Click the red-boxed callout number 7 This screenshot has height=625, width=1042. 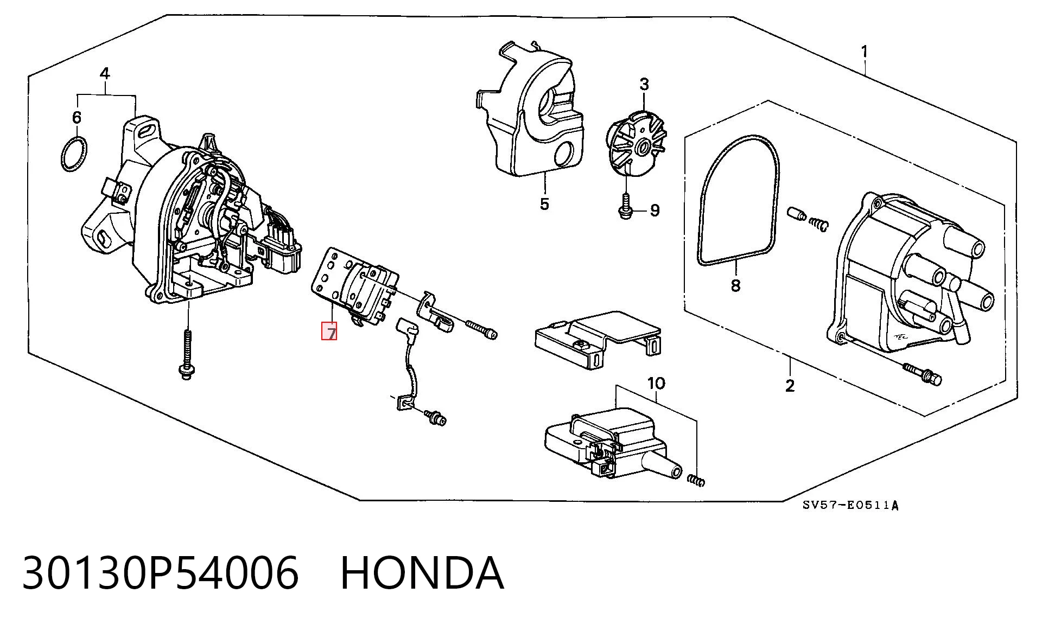[x=330, y=332]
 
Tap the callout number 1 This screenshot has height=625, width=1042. [x=864, y=52]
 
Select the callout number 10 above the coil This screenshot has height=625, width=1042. [x=656, y=384]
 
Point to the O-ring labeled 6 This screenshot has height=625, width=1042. [x=73, y=154]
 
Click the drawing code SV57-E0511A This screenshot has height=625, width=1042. [x=850, y=506]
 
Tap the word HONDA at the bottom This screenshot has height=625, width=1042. [x=422, y=573]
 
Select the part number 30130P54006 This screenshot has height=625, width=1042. [x=160, y=573]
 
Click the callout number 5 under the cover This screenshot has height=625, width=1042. [x=544, y=204]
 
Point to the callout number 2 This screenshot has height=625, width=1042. [x=790, y=385]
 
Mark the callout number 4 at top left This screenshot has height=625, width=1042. [x=105, y=73]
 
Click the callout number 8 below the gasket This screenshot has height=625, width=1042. [x=735, y=285]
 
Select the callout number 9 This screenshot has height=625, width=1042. [x=655, y=210]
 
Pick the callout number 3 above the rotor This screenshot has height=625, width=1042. [x=644, y=85]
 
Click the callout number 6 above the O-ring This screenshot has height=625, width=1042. [x=77, y=117]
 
